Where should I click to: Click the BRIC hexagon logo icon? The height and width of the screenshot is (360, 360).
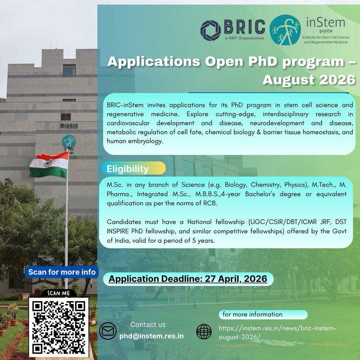(x=211, y=30)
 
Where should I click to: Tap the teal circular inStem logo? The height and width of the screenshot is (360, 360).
(x=285, y=30)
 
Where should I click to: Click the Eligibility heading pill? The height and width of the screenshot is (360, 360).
(x=133, y=168)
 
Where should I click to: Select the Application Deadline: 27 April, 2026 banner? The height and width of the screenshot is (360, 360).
(x=188, y=279)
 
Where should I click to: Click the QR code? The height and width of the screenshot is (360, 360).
(x=59, y=327)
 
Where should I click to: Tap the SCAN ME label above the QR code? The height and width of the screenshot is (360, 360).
(x=59, y=293)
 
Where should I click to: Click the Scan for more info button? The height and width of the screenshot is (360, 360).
(x=62, y=272)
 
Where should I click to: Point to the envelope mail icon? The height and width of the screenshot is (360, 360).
(x=108, y=331)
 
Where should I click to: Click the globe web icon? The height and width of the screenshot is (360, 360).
(x=204, y=332)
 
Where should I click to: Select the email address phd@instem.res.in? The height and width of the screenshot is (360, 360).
(x=152, y=336)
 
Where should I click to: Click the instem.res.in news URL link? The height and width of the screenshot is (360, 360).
(x=278, y=332)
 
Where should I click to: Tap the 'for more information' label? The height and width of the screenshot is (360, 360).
(x=252, y=314)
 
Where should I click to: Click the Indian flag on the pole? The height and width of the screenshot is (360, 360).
(x=49, y=165)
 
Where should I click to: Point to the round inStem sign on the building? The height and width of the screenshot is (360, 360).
(x=68, y=141)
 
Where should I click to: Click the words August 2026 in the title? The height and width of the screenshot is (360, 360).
(x=309, y=79)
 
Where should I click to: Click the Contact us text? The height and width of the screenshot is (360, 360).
(x=148, y=324)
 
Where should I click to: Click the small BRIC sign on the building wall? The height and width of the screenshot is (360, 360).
(x=69, y=126)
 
